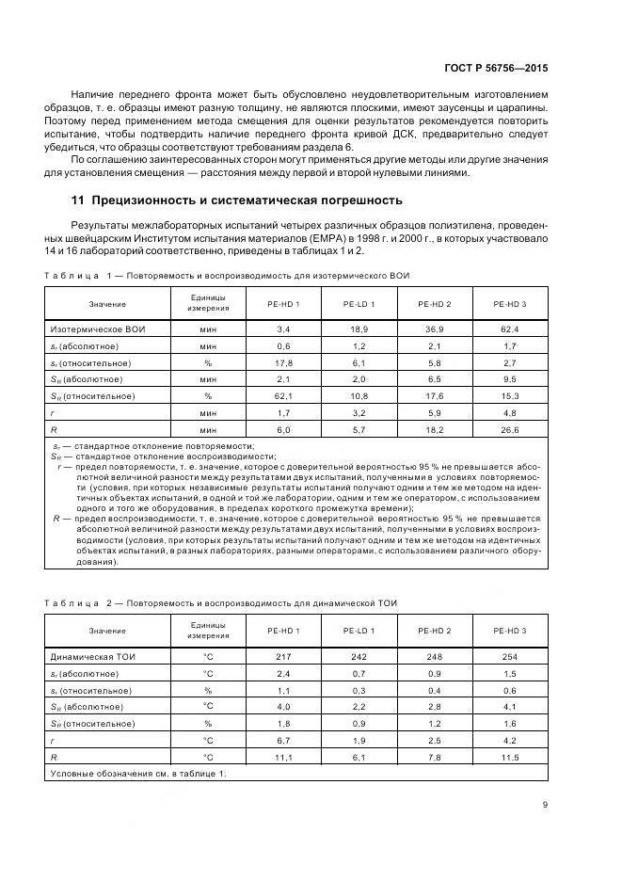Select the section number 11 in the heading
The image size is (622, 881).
tap(78, 200)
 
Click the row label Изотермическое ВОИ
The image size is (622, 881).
tap(98, 329)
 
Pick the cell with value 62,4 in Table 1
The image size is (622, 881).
tap(510, 329)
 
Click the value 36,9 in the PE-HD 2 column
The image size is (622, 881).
tap(434, 329)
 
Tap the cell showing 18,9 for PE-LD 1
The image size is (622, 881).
tap(359, 329)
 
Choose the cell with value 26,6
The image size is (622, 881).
tap(510, 428)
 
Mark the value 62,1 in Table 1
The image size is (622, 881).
tap(282, 395)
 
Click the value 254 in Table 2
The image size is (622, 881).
tap(510, 656)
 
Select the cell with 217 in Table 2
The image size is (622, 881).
tap(282, 656)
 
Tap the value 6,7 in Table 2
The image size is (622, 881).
tap(282, 740)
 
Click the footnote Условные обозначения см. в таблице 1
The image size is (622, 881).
tap(137, 773)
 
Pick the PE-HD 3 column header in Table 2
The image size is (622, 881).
tap(510, 630)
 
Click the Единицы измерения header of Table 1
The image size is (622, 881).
tap(208, 303)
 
